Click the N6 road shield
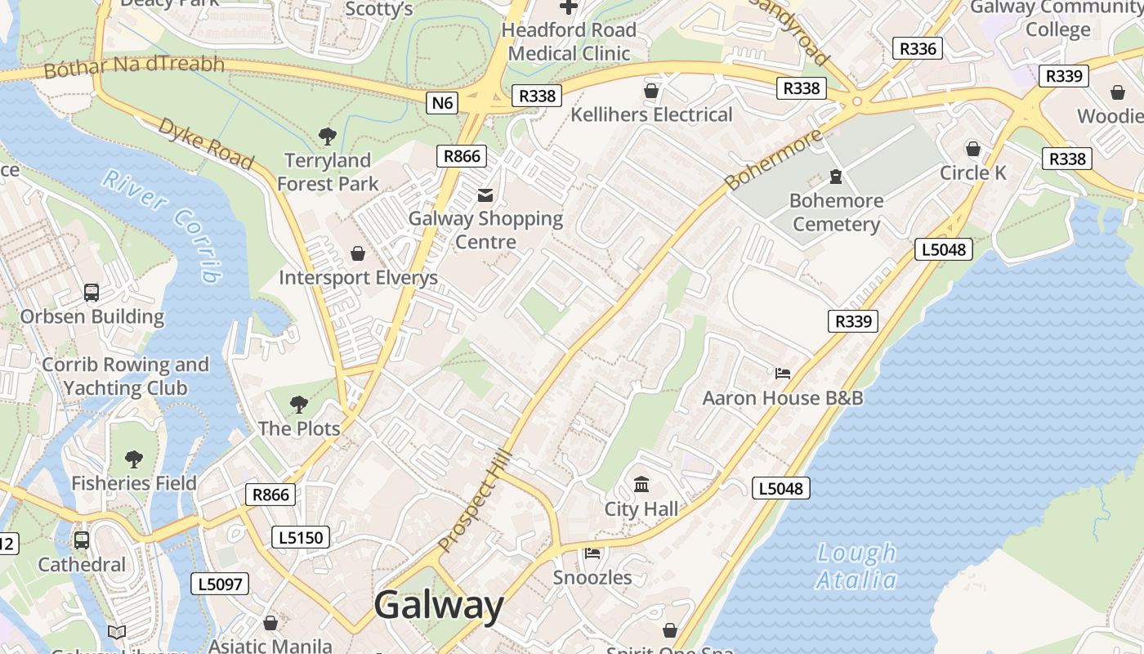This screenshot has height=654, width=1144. [442, 103]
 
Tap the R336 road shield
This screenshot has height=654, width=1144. [917, 48]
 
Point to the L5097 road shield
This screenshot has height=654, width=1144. [220, 584]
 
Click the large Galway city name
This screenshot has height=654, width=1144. [439, 606]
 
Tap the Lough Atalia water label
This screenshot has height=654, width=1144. [856, 567]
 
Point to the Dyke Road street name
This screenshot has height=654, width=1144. [205, 143]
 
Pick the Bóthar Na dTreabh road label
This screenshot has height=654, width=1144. [134, 65]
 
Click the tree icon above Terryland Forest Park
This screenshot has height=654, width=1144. [328, 136]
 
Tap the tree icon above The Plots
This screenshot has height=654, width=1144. [299, 404]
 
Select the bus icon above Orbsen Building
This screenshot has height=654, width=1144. [92, 292]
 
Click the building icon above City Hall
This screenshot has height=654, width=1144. [641, 485]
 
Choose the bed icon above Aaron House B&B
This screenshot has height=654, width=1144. [783, 374]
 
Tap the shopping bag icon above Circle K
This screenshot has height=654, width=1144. [972, 149]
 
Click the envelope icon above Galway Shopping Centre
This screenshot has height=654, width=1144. [485, 195]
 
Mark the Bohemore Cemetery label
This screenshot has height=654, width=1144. [836, 212]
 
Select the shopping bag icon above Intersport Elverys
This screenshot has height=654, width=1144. [357, 254]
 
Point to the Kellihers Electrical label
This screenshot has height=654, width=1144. [651, 114]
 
